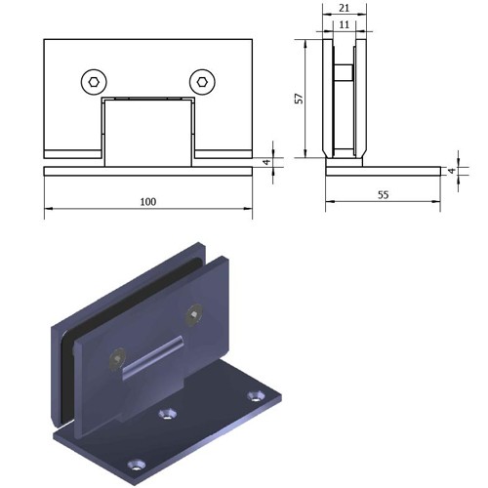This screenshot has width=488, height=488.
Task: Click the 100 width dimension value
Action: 148,202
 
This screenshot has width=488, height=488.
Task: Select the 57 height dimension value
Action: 299,99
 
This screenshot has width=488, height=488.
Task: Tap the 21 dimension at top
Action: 345,8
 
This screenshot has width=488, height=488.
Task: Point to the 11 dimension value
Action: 345,24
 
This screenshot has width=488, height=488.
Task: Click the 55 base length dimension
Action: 384,195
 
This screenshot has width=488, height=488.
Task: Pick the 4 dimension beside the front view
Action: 266,162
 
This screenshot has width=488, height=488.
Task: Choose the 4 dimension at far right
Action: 452,171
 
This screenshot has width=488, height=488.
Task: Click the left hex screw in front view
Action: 94,82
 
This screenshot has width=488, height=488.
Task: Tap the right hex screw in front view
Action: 202,82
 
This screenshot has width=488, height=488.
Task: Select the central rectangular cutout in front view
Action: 148,134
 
